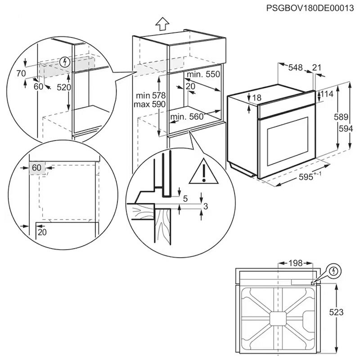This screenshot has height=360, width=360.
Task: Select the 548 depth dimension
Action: click(x=295, y=67)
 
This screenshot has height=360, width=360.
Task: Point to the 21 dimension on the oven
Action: click(x=317, y=67)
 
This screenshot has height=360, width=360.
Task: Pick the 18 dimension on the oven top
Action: click(x=256, y=98)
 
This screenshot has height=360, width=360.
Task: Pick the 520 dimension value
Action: click(x=64, y=87)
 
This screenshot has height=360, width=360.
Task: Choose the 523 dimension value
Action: click(x=346, y=312)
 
